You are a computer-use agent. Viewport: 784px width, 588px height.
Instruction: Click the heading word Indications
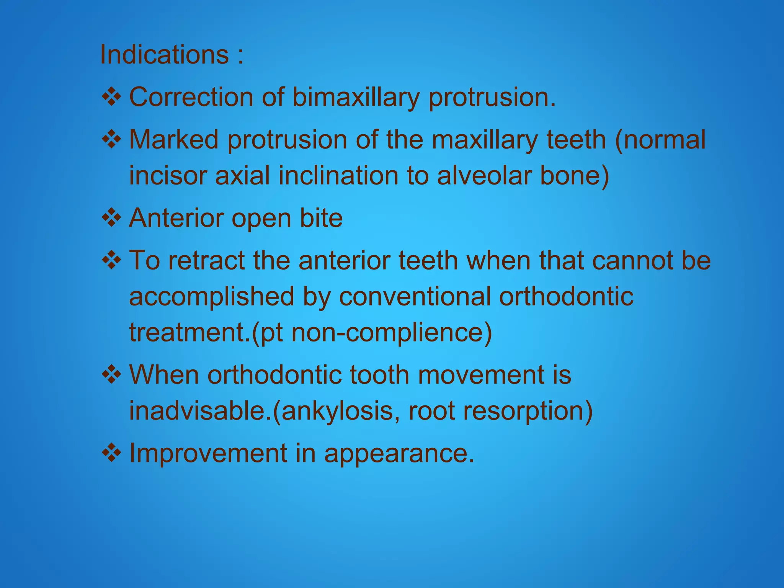point(164,55)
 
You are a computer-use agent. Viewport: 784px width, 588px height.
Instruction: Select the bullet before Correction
point(111,97)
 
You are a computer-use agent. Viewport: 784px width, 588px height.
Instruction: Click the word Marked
point(173,139)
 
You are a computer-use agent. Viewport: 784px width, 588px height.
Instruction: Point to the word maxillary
point(485,139)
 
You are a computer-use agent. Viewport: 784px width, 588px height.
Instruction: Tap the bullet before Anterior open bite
point(111,218)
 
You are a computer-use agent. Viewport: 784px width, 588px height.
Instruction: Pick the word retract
point(206,260)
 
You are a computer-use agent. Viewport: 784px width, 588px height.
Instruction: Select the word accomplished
point(211,297)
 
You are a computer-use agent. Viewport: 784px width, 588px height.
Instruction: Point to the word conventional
point(415,297)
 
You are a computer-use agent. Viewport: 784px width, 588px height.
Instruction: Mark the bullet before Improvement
point(111,453)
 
